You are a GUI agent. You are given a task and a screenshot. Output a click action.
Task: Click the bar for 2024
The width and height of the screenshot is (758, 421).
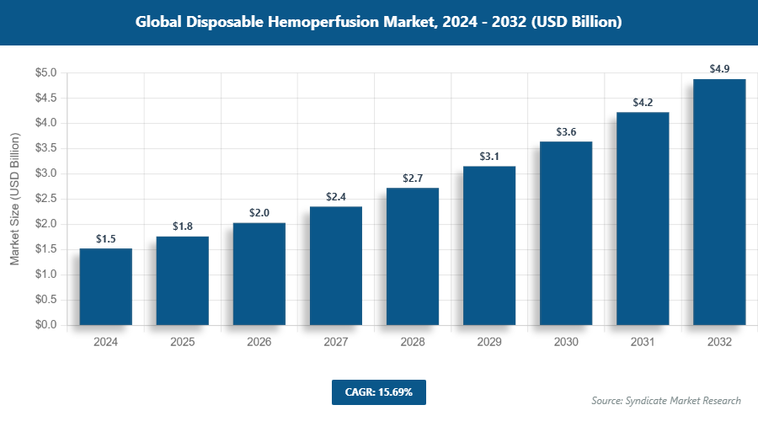[x=105, y=286]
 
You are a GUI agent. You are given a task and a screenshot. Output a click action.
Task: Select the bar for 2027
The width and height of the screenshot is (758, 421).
[x=336, y=265]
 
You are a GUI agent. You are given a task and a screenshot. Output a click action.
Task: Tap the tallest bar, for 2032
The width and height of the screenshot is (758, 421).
[x=719, y=202]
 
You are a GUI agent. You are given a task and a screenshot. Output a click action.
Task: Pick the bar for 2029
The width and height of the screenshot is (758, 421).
[x=489, y=245]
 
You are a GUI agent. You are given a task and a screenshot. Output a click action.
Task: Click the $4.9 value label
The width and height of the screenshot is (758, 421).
[x=719, y=69]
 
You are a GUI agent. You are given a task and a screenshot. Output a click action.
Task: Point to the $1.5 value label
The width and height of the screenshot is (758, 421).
[x=105, y=239]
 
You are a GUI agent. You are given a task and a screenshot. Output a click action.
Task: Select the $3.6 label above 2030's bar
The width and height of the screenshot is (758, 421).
[x=566, y=132]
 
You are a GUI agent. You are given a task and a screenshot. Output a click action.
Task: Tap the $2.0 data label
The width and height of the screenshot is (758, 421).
[x=259, y=213]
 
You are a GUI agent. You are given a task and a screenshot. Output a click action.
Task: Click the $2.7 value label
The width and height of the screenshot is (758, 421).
[x=413, y=179]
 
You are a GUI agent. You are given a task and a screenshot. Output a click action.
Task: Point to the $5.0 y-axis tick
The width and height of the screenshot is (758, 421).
[x=45, y=73]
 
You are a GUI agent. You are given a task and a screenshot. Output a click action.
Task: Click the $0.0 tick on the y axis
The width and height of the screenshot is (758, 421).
[x=45, y=325]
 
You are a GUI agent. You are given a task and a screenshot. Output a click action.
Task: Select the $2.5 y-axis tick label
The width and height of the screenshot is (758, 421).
[x=45, y=199]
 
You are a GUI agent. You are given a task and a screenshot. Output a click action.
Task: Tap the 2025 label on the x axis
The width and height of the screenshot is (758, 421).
[x=182, y=343]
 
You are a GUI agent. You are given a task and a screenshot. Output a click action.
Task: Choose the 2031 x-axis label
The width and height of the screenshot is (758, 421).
[x=643, y=343]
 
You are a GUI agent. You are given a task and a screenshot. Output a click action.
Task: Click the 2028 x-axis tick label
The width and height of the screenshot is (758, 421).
[x=413, y=343]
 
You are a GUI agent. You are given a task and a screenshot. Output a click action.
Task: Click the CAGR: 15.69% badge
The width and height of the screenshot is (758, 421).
[x=378, y=392]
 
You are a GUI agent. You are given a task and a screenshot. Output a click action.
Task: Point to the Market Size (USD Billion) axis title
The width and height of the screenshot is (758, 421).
[x=14, y=199]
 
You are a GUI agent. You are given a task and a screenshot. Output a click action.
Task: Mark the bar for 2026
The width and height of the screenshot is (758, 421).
[x=259, y=274]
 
